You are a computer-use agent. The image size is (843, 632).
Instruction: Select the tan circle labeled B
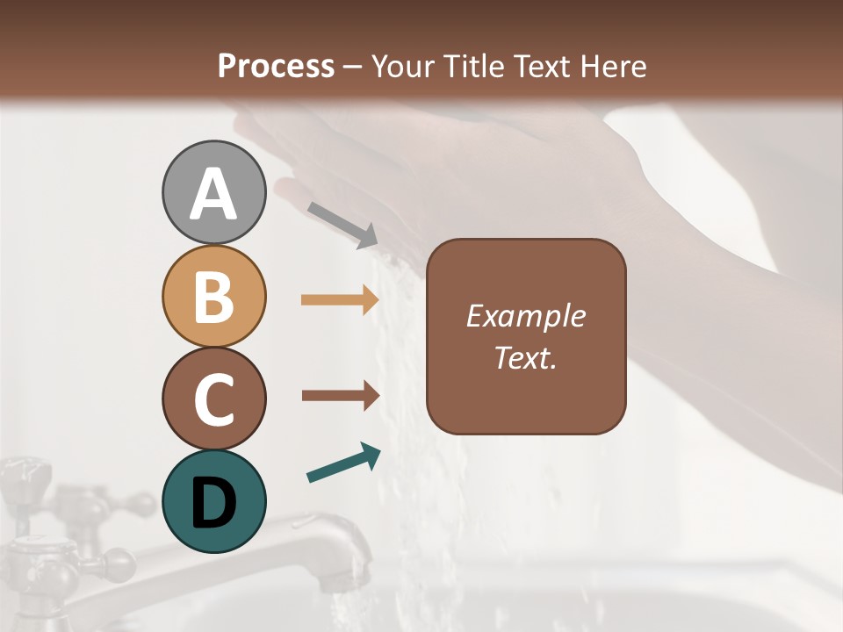point(213,296)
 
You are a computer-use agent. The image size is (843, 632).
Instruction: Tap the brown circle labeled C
point(213,399)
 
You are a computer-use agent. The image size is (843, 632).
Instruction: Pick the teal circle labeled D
point(213,501)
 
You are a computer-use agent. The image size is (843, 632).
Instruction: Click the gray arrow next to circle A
point(342,224)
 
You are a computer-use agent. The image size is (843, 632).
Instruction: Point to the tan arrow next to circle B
point(340,300)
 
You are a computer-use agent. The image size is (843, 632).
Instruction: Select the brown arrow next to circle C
point(340,395)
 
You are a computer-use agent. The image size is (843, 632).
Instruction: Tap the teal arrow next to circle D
point(343,463)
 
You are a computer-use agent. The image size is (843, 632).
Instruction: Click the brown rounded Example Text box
point(526,336)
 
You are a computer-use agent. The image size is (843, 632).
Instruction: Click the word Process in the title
point(276,66)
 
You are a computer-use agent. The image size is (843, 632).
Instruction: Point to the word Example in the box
point(526,316)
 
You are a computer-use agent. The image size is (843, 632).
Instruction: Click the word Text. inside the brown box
point(526,358)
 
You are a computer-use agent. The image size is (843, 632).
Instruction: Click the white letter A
point(213,194)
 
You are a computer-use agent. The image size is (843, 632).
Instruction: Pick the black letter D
point(213,503)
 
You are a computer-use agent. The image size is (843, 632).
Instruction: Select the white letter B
point(213,297)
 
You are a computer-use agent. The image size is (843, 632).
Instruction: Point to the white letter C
point(213,399)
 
